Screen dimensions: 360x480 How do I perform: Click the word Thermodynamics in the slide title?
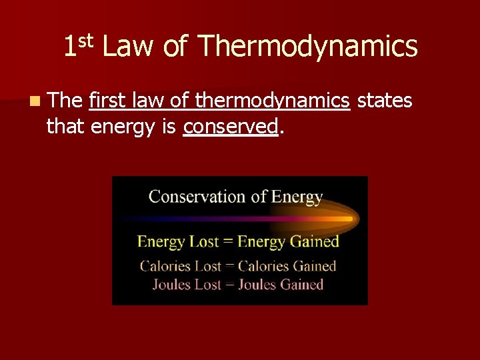click(x=307, y=47)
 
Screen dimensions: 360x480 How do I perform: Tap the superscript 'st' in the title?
click(x=87, y=41)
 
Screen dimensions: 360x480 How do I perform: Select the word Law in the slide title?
click(x=127, y=47)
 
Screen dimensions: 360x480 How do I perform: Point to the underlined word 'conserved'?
click(x=230, y=127)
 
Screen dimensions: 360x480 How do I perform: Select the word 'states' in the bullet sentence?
click(x=385, y=101)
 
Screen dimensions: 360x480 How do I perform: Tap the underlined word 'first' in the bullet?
click(x=108, y=101)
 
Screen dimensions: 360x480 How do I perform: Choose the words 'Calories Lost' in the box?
click(x=180, y=266)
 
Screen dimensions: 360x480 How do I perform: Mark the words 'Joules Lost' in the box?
click(x=186, y=285)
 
